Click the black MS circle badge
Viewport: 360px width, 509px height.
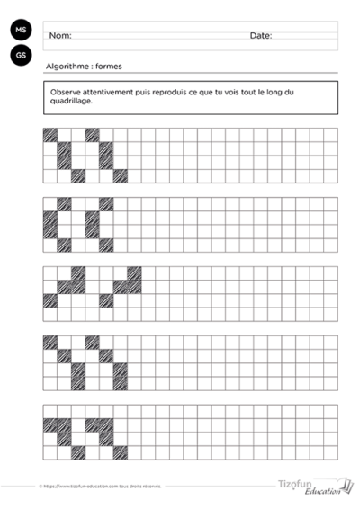[x=20, y=31]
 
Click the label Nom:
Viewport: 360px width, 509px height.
[x=60, y=36]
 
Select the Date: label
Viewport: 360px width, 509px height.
[x=261, y=36]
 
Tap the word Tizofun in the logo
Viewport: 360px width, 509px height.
[x=295, y=483]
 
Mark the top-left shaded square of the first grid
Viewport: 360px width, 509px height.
[x=50, y=135]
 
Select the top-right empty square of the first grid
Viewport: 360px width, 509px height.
[x=330, y=135]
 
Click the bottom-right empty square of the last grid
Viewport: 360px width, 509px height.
[x=330, y=453]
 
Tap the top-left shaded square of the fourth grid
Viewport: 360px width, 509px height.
[x=50, y=342]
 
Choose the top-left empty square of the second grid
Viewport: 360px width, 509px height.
[x=50, y=204]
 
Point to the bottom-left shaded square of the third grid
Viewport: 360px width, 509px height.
[x=50, y=300]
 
